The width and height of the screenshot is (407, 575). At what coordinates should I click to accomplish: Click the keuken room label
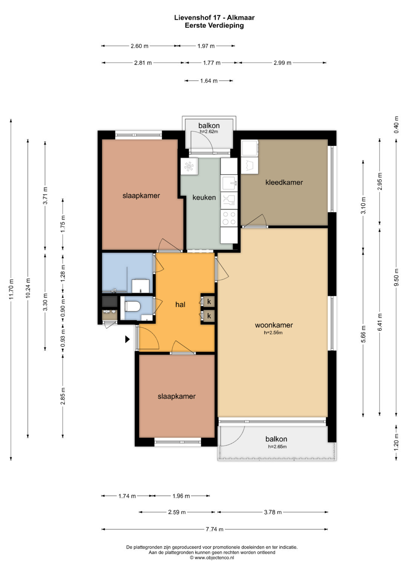(204, 197)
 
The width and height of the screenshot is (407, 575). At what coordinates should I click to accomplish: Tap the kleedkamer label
(284, 182)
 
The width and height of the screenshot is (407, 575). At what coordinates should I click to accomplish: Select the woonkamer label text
(274, 325)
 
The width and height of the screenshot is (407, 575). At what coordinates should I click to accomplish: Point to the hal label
(180, 304)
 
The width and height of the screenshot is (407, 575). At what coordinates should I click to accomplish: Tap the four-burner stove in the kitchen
(229, 218)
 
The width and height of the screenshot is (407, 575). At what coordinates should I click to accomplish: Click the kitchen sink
(229, 183)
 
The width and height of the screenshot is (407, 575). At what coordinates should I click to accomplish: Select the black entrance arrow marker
(127, 339)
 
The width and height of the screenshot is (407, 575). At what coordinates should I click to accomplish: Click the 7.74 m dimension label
(214, 529)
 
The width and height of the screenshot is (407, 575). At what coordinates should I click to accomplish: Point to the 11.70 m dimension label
(11, 289)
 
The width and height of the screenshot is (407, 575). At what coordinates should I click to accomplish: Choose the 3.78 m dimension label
(272, 512)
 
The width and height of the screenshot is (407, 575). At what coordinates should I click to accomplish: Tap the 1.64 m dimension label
(209, 81)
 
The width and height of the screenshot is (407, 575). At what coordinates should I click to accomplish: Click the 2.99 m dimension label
(282, 63)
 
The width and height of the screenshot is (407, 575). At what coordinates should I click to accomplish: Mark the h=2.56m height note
(273, 332)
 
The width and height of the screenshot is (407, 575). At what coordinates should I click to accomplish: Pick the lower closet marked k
(208, 316)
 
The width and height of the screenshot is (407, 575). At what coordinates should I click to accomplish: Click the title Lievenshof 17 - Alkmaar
(214, 18)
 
